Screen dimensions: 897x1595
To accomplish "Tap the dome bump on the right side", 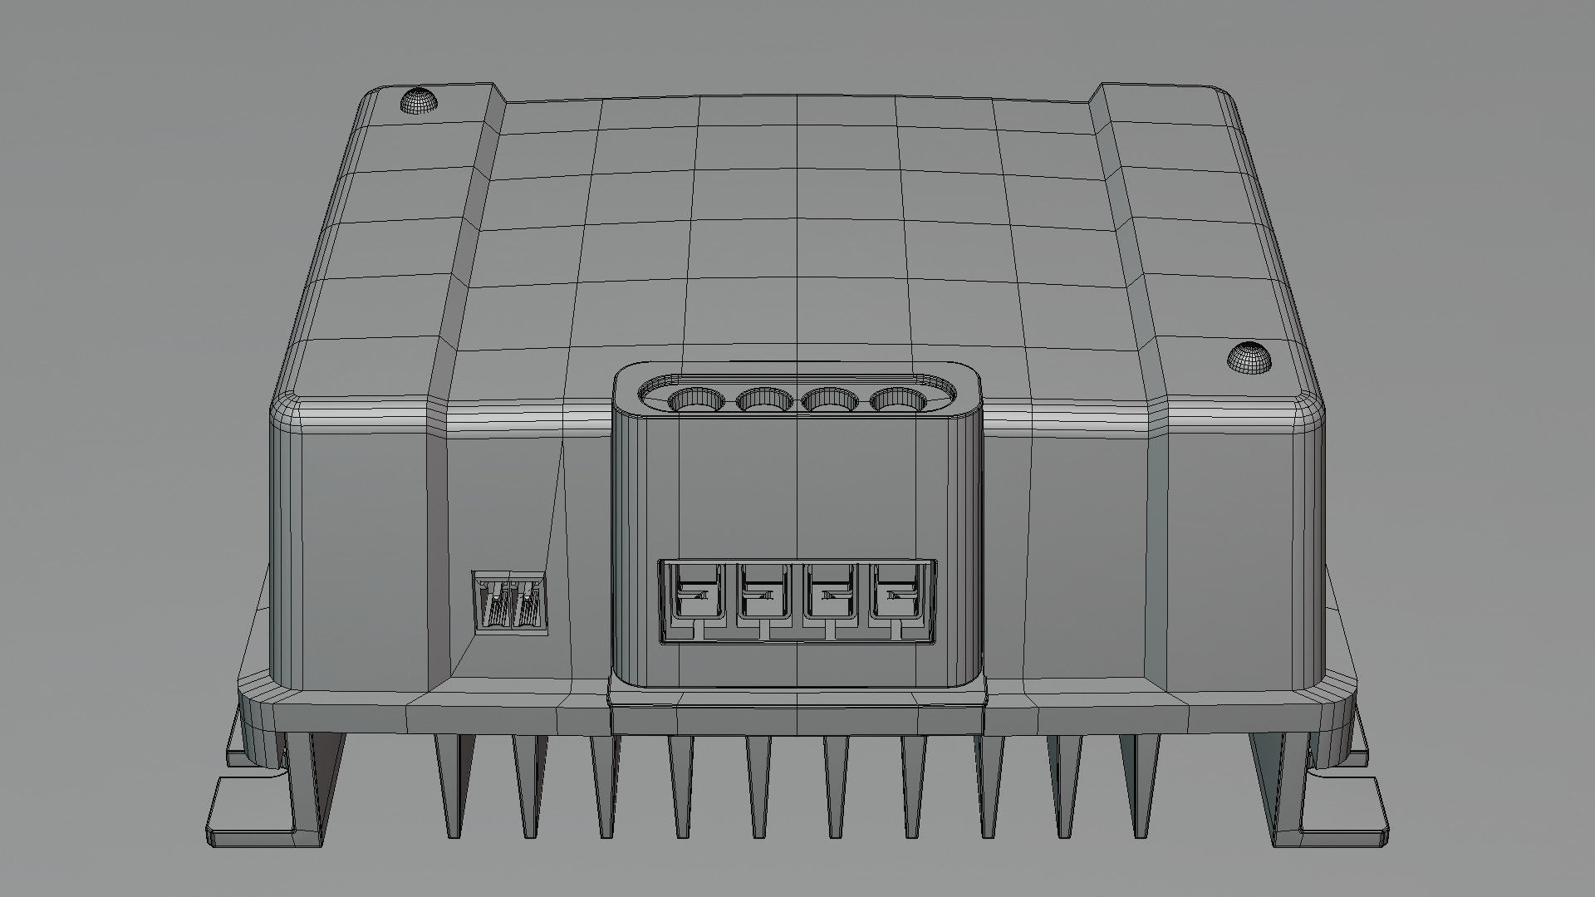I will click(x=1249, y=357).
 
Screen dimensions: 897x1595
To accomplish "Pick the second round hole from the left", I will click(x=764, y=401).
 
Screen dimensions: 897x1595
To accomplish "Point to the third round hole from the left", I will click(x=832, y=401).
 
